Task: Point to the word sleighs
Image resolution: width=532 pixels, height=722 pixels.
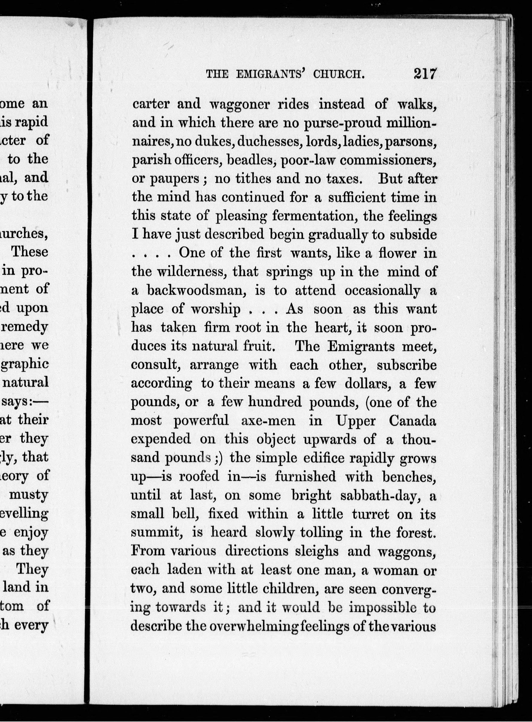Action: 317,551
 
